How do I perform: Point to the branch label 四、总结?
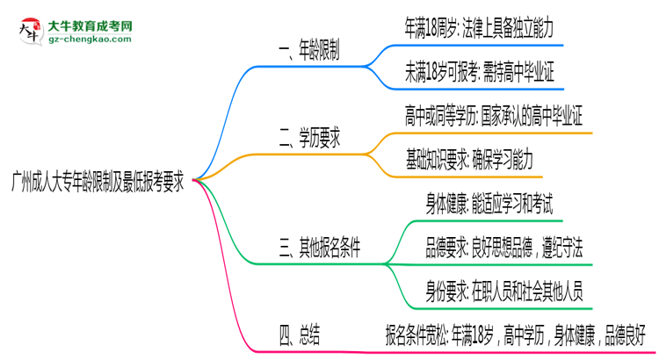(x=299, y=334)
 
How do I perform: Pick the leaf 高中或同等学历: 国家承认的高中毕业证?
(x=495, y=115)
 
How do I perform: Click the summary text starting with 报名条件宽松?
(x=515, y=334)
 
